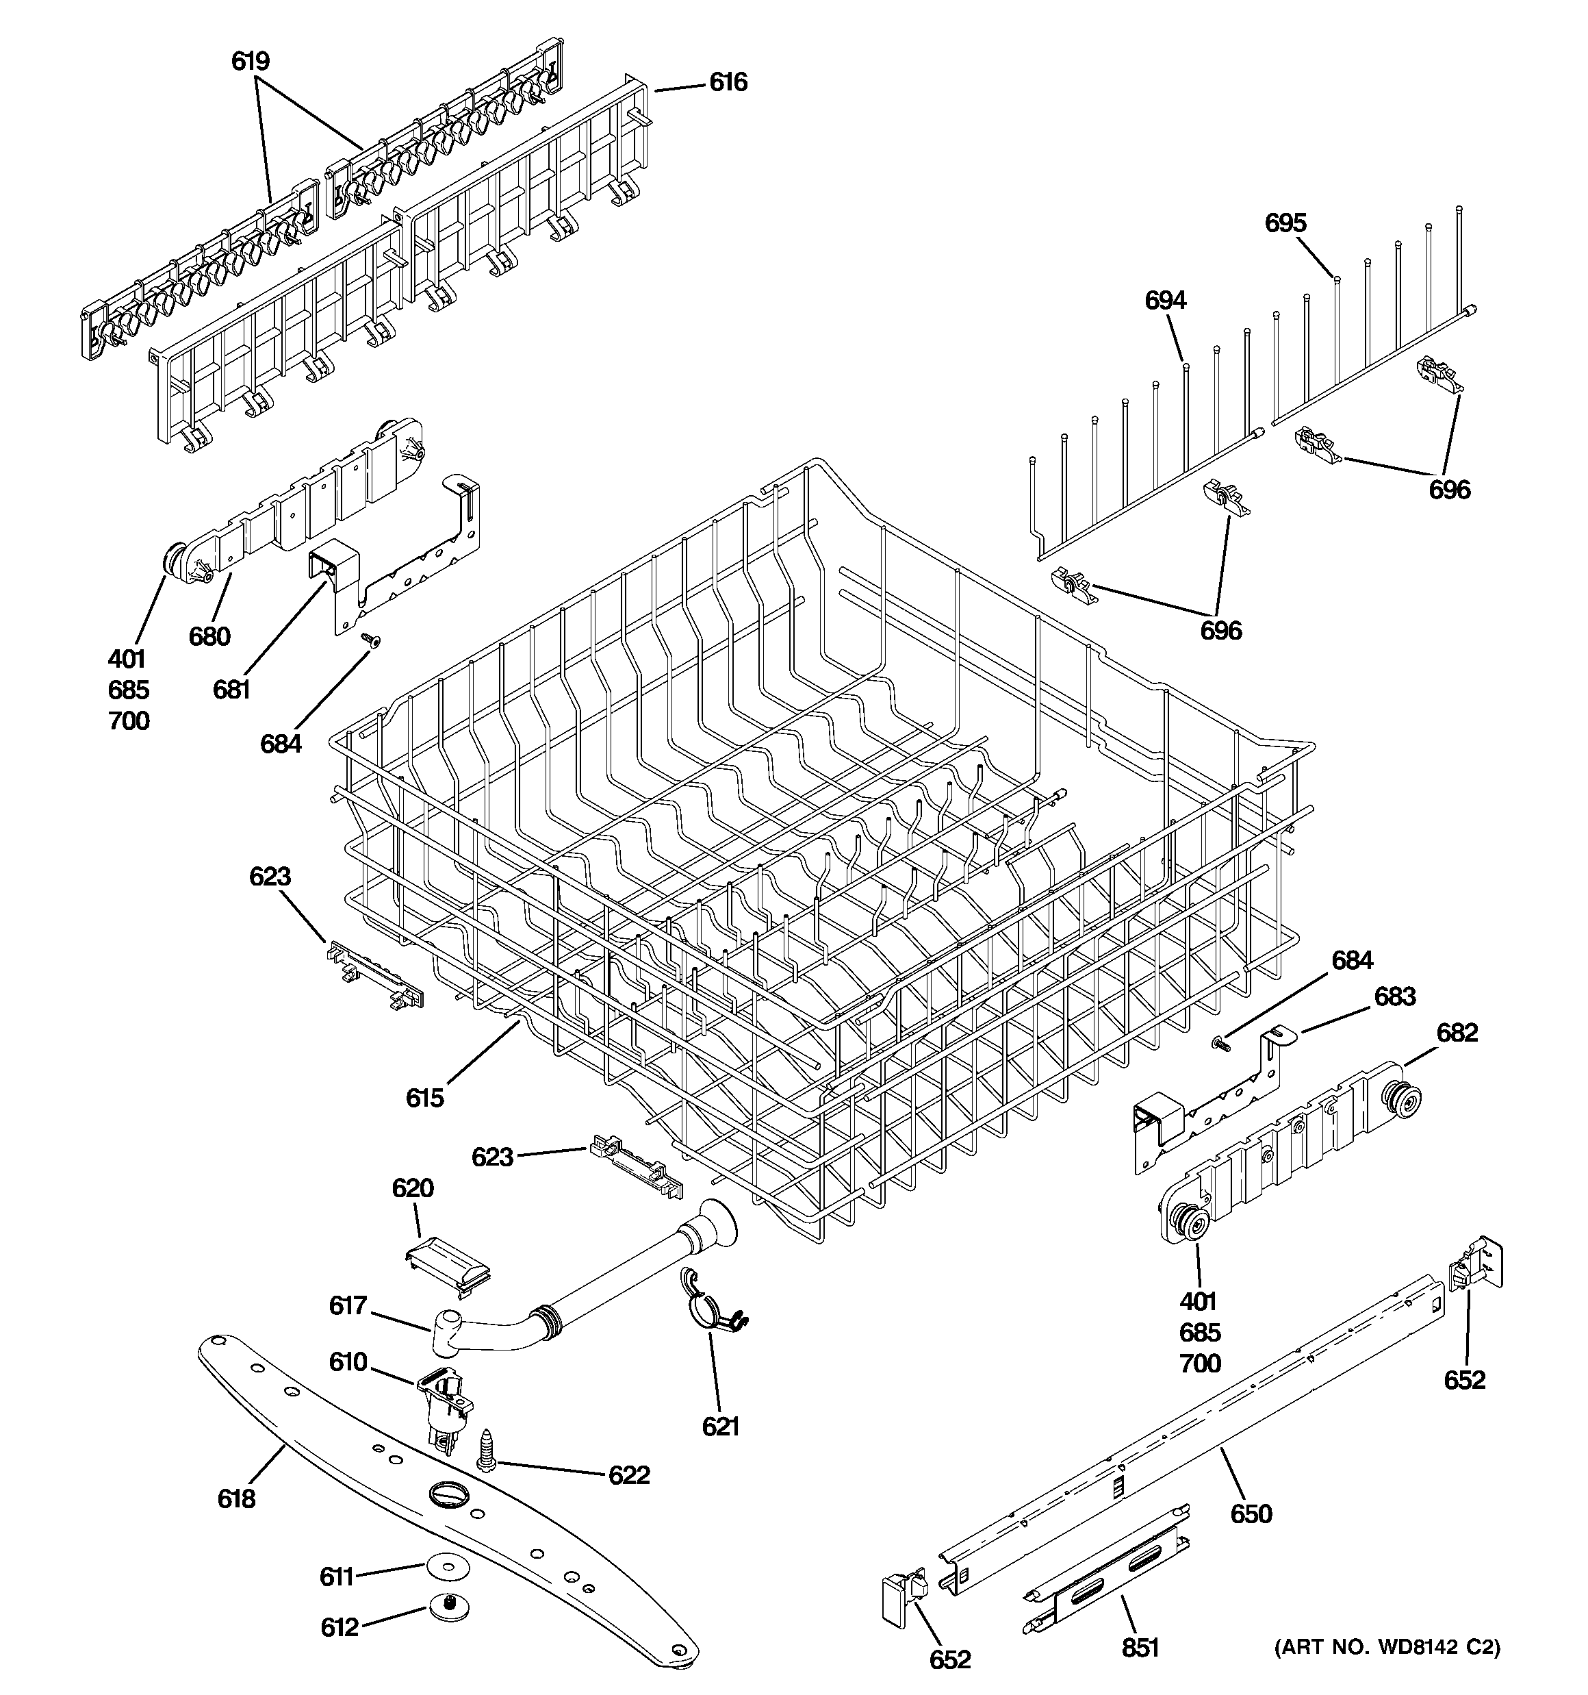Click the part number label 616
pyautogui.click(x=727, y=83)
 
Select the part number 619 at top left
pyautogui.click(x=250, y=62)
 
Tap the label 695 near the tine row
pyautogui.click(x=1285, y=223)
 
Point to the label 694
pyautogui.click(x=1164, y=300)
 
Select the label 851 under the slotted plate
pyautogui.click(x=1140, y=1648)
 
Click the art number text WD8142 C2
pyautogui.click(x=1387, y=1646)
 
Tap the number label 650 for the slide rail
pyautogui.click(x=1251, y=1514)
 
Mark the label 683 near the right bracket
pyautogui.click(x=1394, y=996)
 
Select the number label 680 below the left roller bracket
pyautogui.click(x=209, y=636)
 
